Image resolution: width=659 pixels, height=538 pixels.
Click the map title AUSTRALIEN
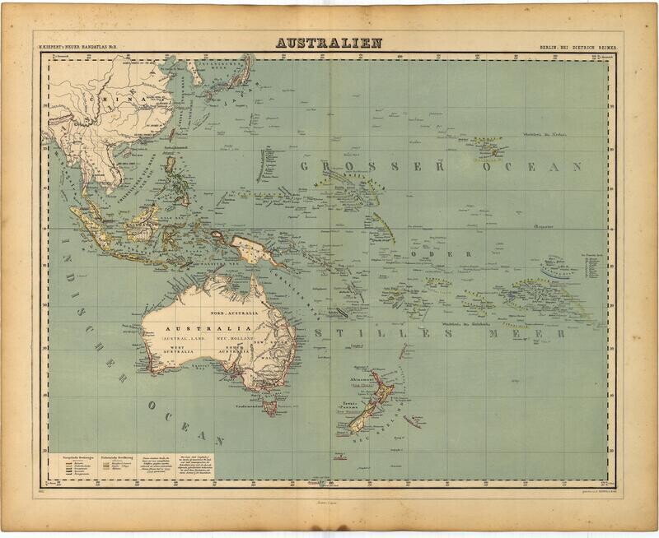coord(329,43)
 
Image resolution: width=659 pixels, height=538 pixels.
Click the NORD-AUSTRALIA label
coord(233,313)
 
